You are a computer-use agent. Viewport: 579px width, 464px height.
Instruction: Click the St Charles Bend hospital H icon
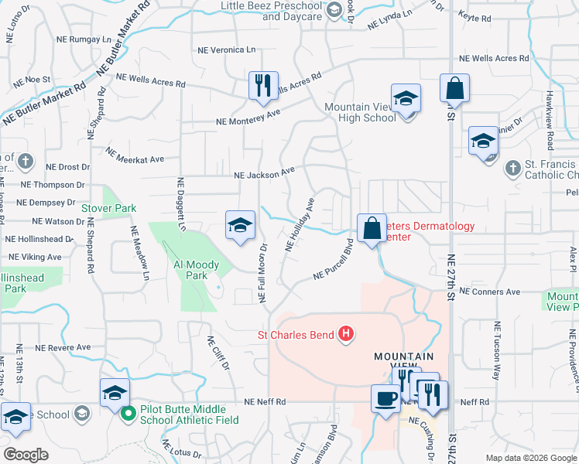(347, 335)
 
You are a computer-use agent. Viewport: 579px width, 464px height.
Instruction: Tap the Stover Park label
(109, 208)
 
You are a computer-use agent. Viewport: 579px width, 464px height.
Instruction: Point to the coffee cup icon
(385, 398)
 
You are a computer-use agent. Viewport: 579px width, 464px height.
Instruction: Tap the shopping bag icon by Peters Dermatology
(372, 227)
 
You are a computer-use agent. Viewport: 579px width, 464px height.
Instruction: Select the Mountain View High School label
(360, 112)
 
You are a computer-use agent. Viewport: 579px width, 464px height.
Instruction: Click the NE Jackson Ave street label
(266, 174)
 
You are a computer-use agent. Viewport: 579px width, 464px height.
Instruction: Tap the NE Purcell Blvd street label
(334, 263)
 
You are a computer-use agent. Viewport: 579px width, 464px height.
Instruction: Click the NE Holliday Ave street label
(300, 225)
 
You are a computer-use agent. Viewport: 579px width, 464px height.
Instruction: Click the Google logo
(26, 454)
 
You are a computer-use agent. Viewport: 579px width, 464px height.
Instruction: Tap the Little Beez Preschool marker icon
(334, 10)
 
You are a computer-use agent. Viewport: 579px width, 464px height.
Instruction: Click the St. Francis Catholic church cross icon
(512, 168)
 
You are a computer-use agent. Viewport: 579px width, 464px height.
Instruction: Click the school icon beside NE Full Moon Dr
(240, 225)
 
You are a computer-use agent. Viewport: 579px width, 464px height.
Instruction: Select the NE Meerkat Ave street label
(135, 155)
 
